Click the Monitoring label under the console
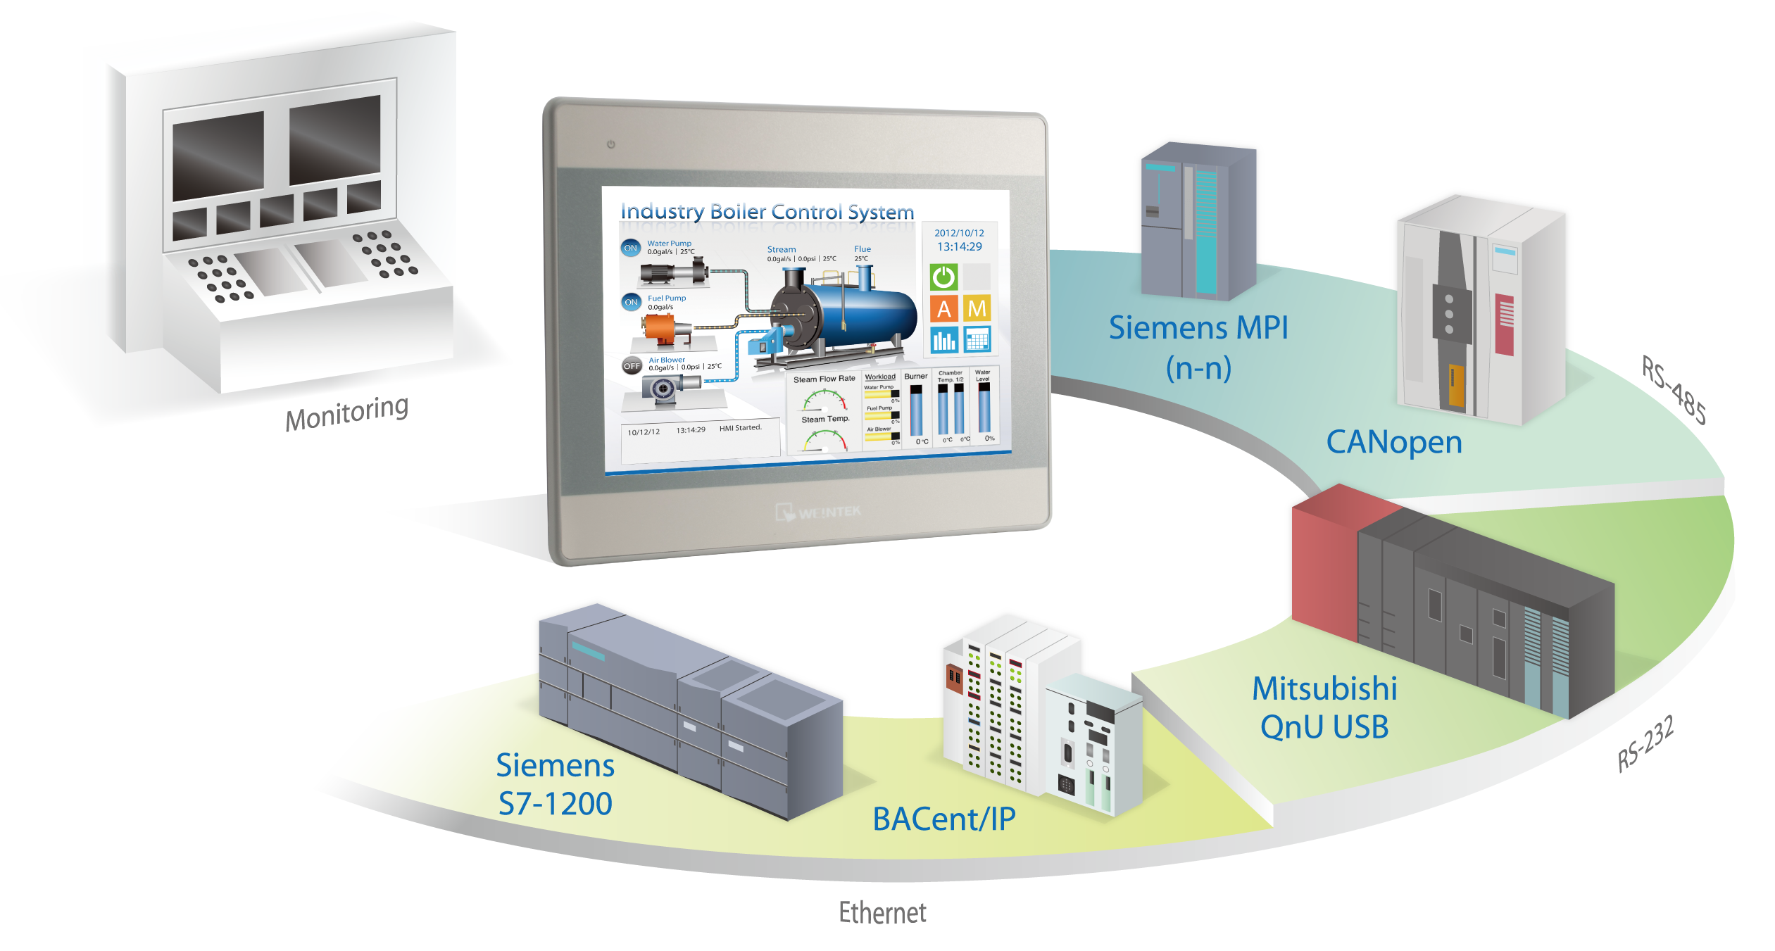(346, 413)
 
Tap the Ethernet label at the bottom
(882, 913)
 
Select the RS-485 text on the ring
(1674, 390)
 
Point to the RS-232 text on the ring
(1645, 744)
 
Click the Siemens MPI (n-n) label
(1198, 347)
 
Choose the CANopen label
(1394, 442)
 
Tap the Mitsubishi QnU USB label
(1324, 707)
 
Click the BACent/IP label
(943, 819)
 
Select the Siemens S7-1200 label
(555, 784)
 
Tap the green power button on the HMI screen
(943, 277)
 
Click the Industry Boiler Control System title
(767, 211)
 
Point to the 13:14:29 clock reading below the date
(959, 246)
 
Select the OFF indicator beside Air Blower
(632, 366)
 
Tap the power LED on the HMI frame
(610, 144)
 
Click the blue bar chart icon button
(943, 340)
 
